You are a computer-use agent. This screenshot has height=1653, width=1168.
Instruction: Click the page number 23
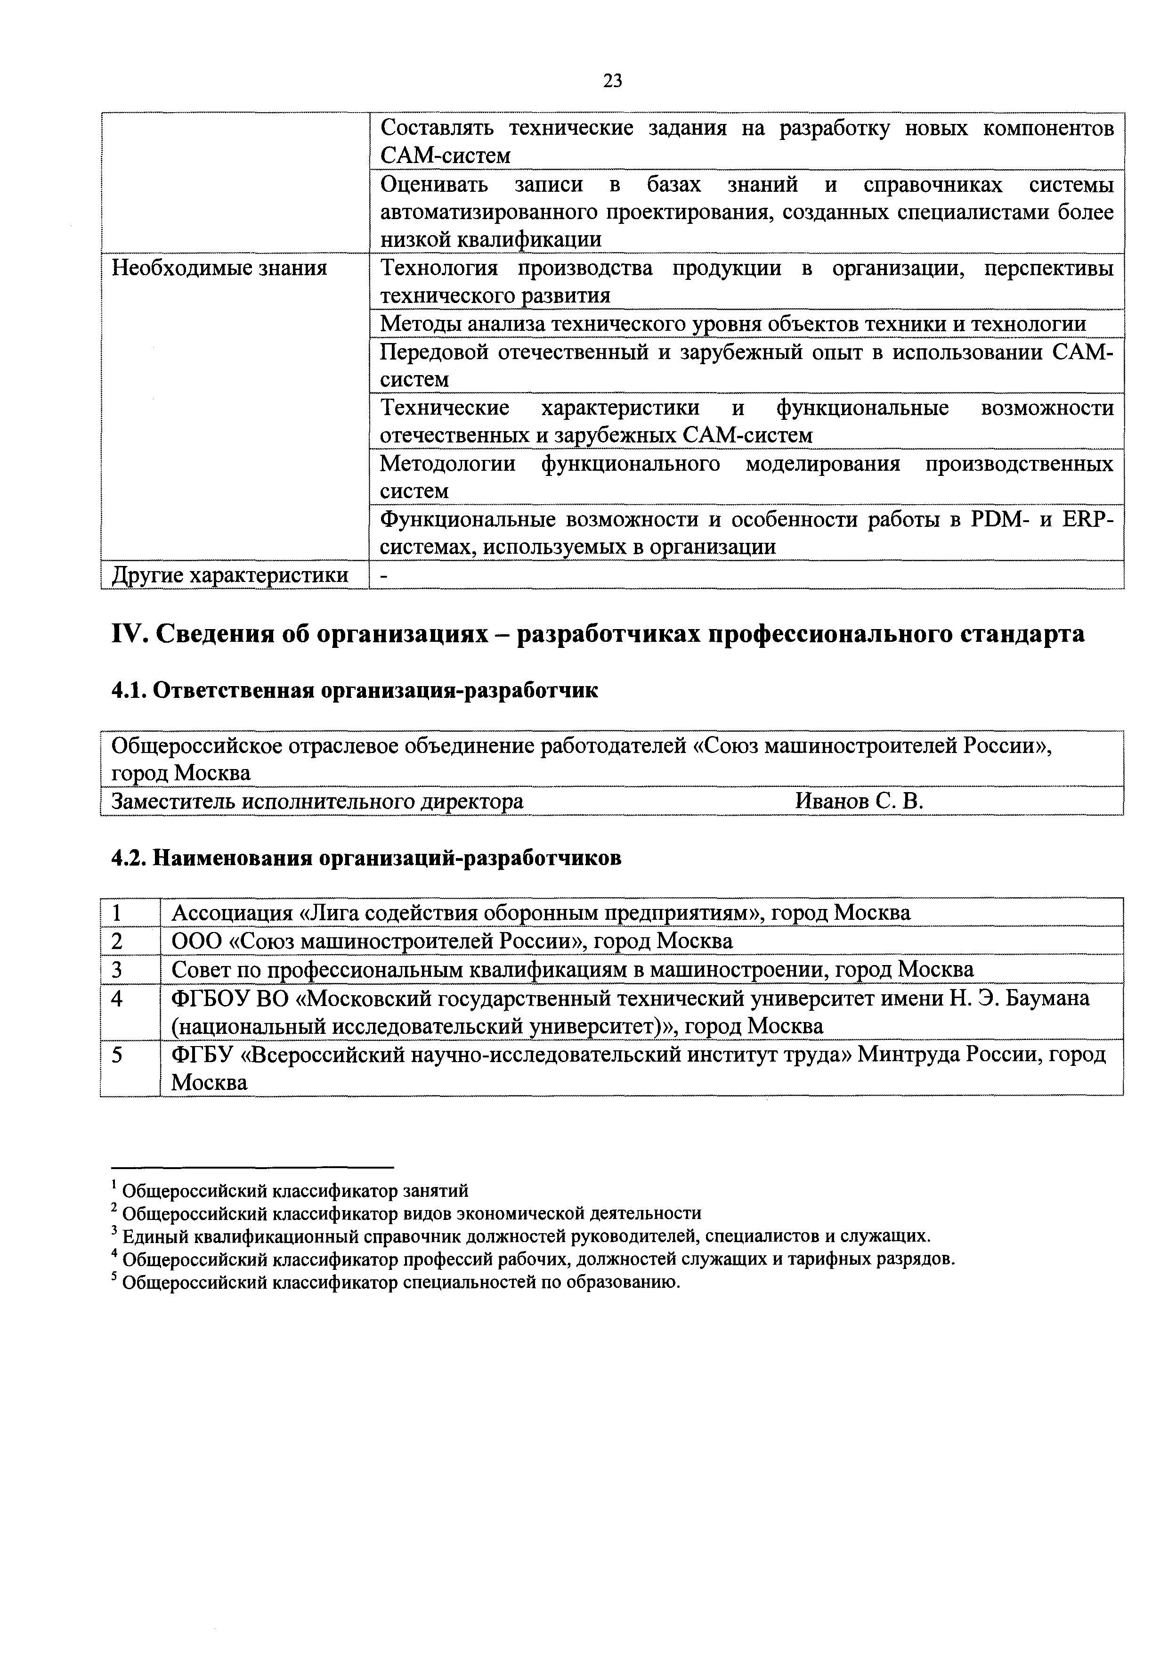pos(612,81)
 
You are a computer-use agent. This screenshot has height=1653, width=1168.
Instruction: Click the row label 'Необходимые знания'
pos(219,269)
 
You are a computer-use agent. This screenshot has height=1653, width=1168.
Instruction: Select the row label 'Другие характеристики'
pos(229,575)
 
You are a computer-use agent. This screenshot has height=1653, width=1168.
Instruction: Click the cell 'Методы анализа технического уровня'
pos(733,325)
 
